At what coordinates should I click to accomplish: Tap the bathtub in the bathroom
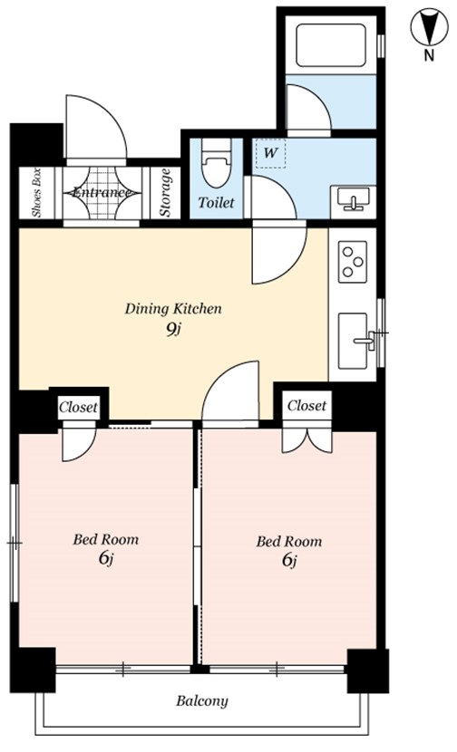pyautogui.click(x=330, y=45)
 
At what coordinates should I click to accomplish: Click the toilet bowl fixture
pyautogui.click(x=217, y=163)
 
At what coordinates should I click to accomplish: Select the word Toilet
pyautogui.click(x=216, y=202)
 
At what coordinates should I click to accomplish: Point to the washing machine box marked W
pyautogui.click(x=271, y=153)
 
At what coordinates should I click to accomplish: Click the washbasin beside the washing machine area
pyautogui.click(x=354, y=198)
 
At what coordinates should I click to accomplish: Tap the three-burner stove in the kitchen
pyautogui.click(x=353, y=261)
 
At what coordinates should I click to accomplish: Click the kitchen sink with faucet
pyautogui.click(x=356, y=341)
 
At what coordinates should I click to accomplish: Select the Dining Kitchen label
pyautogui.click(x=173, y=308)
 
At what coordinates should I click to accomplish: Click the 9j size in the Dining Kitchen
pyautogui.click(x=173, y=330)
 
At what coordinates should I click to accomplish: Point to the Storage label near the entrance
pyautogui.click(x=166, y=192)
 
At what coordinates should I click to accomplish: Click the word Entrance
pyautogui.click(x=102, y=193)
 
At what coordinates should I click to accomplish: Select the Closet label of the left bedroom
pyautogui.click(x=78, y=407)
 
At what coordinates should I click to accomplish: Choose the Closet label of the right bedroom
pyautogui.click(x=306, y=406)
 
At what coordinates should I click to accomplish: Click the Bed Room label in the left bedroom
pyautogui.click(x=105, y=540)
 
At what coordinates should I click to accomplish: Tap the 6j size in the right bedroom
pyautogui.click(x=288, y=560)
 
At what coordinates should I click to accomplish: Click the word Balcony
pyautogui.click(x=201, y=701)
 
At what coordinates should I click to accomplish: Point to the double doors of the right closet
pyautogui.click(x=307, y=439)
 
